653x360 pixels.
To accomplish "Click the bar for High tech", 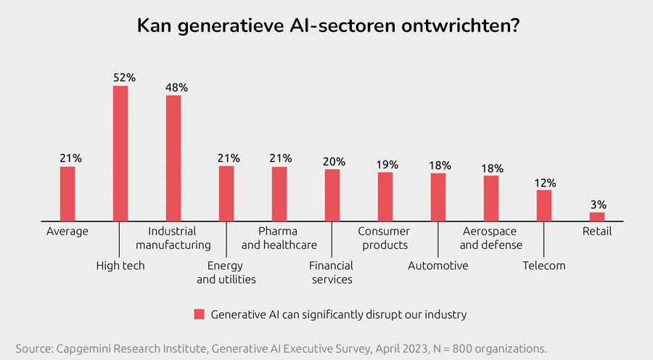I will tap(120, 153).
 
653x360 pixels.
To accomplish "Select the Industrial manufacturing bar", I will tap(173, 157).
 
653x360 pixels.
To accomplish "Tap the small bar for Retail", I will tap(597, 216).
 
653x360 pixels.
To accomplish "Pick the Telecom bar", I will tap(544, 205).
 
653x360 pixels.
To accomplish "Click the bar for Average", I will tap(67, 194).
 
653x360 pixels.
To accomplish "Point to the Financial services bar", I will tap(332, 195).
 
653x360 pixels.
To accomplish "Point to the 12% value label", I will tap(545, 181).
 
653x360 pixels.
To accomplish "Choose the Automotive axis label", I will tap(438, 266).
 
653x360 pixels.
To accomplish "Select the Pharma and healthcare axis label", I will tap(279, 238).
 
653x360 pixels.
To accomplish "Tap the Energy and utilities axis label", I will tap(226, 272).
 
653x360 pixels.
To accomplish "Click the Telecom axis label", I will tap(543, 266).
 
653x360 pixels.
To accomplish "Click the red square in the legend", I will tap(198, 314).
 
